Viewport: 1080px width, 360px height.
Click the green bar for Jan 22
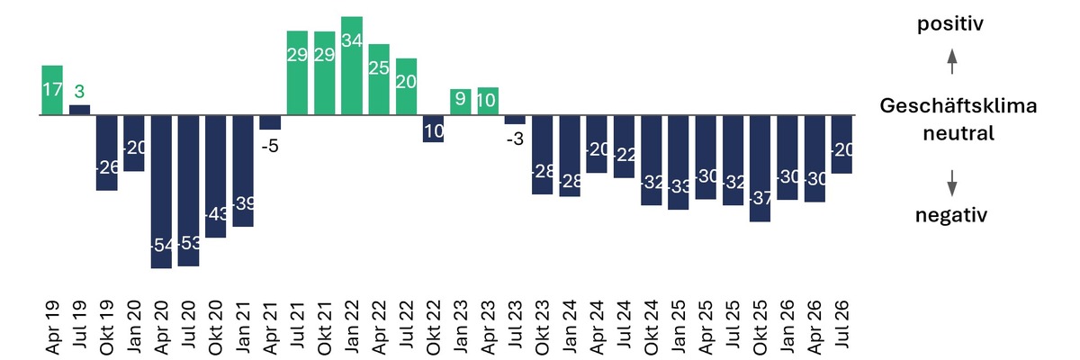tap(352, 66)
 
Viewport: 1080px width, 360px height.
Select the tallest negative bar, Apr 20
tap(161, 192)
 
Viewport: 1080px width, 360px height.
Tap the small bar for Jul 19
tap(79, 110)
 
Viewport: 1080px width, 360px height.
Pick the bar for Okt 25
tap(760, 168)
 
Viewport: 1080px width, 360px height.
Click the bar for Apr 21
tap(270, 122)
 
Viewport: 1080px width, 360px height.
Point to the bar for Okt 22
tap(434, 129)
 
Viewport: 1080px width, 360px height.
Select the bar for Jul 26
tap(841, 145)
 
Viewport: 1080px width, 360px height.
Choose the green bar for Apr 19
tap(52, 90)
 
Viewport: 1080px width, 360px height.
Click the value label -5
tap(270, 146)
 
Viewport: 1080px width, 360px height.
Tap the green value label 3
tap(79, 91)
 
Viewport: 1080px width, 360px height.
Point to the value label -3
tap(515, 139)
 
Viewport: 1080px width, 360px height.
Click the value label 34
tap(352, 40)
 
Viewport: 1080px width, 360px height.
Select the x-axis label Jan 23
tap(461, 327)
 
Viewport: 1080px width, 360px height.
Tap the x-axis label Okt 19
tap(106, 328)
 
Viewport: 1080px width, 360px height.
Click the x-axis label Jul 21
tap(297, 325)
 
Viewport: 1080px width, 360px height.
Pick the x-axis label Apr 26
tap(814, 328)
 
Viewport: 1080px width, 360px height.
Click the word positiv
tap(950, 23)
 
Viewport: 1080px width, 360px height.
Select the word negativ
tap(951, 215)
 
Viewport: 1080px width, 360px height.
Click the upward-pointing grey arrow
tap(952, 62)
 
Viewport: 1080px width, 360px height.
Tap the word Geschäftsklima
tap(958, 105)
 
